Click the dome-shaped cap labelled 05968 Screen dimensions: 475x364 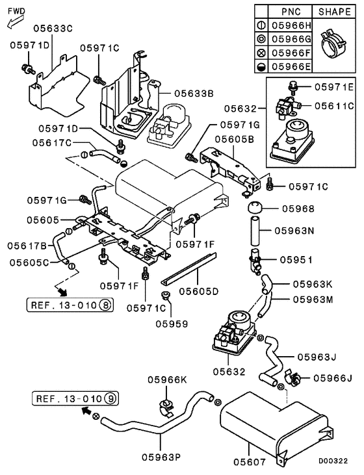pos(253,210)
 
